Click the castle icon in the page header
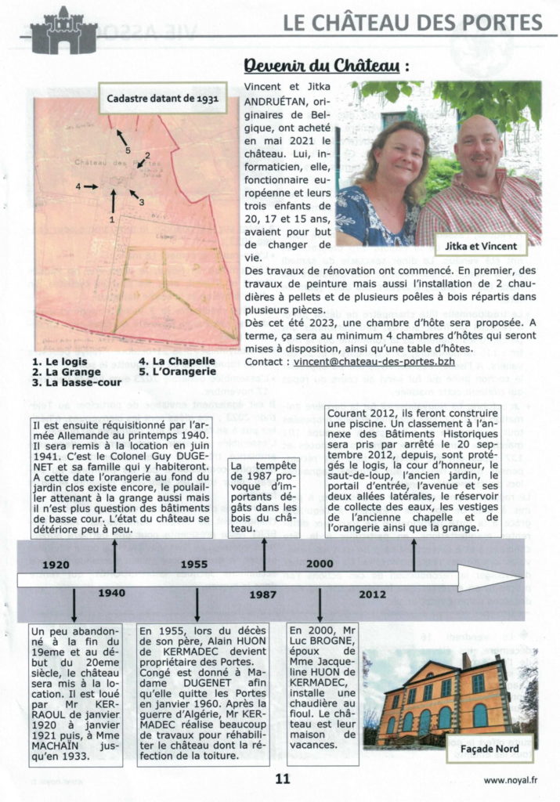point(63,31)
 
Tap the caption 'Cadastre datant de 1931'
point(162,99)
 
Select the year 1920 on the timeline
point(56,564)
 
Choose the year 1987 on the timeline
point(263,594)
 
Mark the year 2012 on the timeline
point(371,594)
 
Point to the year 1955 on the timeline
point(193,564)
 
